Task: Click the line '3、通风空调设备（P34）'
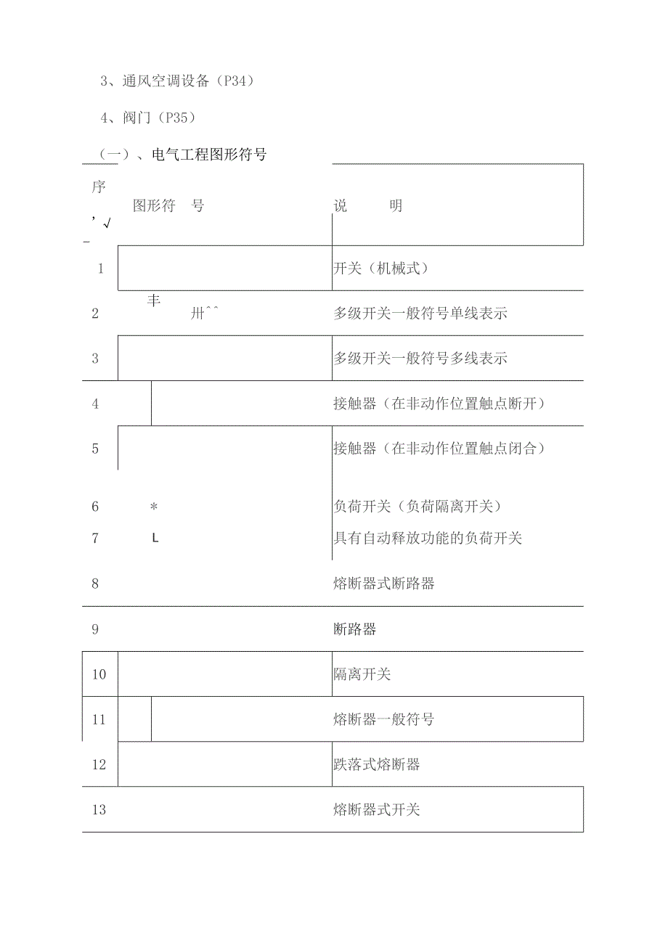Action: point(176,81)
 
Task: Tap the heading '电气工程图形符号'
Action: point(209,155)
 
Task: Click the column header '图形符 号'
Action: point(168,205)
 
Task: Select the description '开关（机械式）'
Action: point(380,269)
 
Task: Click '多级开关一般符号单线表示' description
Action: point(420,314)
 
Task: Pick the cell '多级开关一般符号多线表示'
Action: point(420,359)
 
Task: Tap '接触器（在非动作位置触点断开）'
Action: point(439,404)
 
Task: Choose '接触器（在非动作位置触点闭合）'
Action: point(439,449)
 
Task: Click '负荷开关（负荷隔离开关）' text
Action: point(417,507)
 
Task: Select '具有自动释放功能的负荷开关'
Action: point(427,538)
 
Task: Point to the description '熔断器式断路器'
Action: point(383,584)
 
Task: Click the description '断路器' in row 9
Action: point(354,629)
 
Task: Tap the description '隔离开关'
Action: point(362,674)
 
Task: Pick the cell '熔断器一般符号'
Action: point(383,719)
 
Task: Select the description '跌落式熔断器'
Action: point(376,764)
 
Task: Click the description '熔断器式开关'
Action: point(376,809)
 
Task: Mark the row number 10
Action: point(99,674)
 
